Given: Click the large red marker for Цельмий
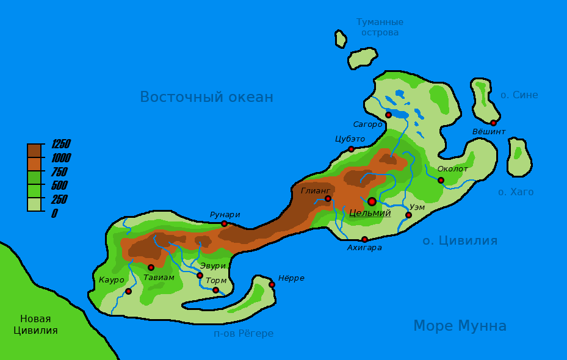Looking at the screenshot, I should (372, 201).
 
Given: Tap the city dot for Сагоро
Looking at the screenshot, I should (388, 115).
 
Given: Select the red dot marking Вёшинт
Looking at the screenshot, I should (493, 123).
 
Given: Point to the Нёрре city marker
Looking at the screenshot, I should (272, 284).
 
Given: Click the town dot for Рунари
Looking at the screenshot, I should (224, 223).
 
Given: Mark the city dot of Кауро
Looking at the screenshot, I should (128, 291).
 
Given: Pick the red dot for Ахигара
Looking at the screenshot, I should (364, 239).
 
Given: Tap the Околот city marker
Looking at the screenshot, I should (441, 180).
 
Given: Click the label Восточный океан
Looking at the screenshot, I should (206, 97).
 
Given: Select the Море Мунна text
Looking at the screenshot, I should (460, 326).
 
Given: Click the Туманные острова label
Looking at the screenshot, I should (380, 27).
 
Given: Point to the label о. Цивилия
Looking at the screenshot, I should (460, 240).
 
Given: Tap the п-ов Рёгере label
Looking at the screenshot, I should (244, 334).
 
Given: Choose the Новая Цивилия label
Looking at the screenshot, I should (35, 325).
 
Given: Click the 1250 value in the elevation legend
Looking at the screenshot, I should (60, 144).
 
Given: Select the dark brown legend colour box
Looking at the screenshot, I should (34, 151).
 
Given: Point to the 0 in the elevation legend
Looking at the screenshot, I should (54, 214).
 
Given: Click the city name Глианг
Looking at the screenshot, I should (316, 190).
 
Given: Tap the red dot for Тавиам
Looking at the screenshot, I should (151, 267).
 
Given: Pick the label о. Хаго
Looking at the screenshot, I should (516, 192).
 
